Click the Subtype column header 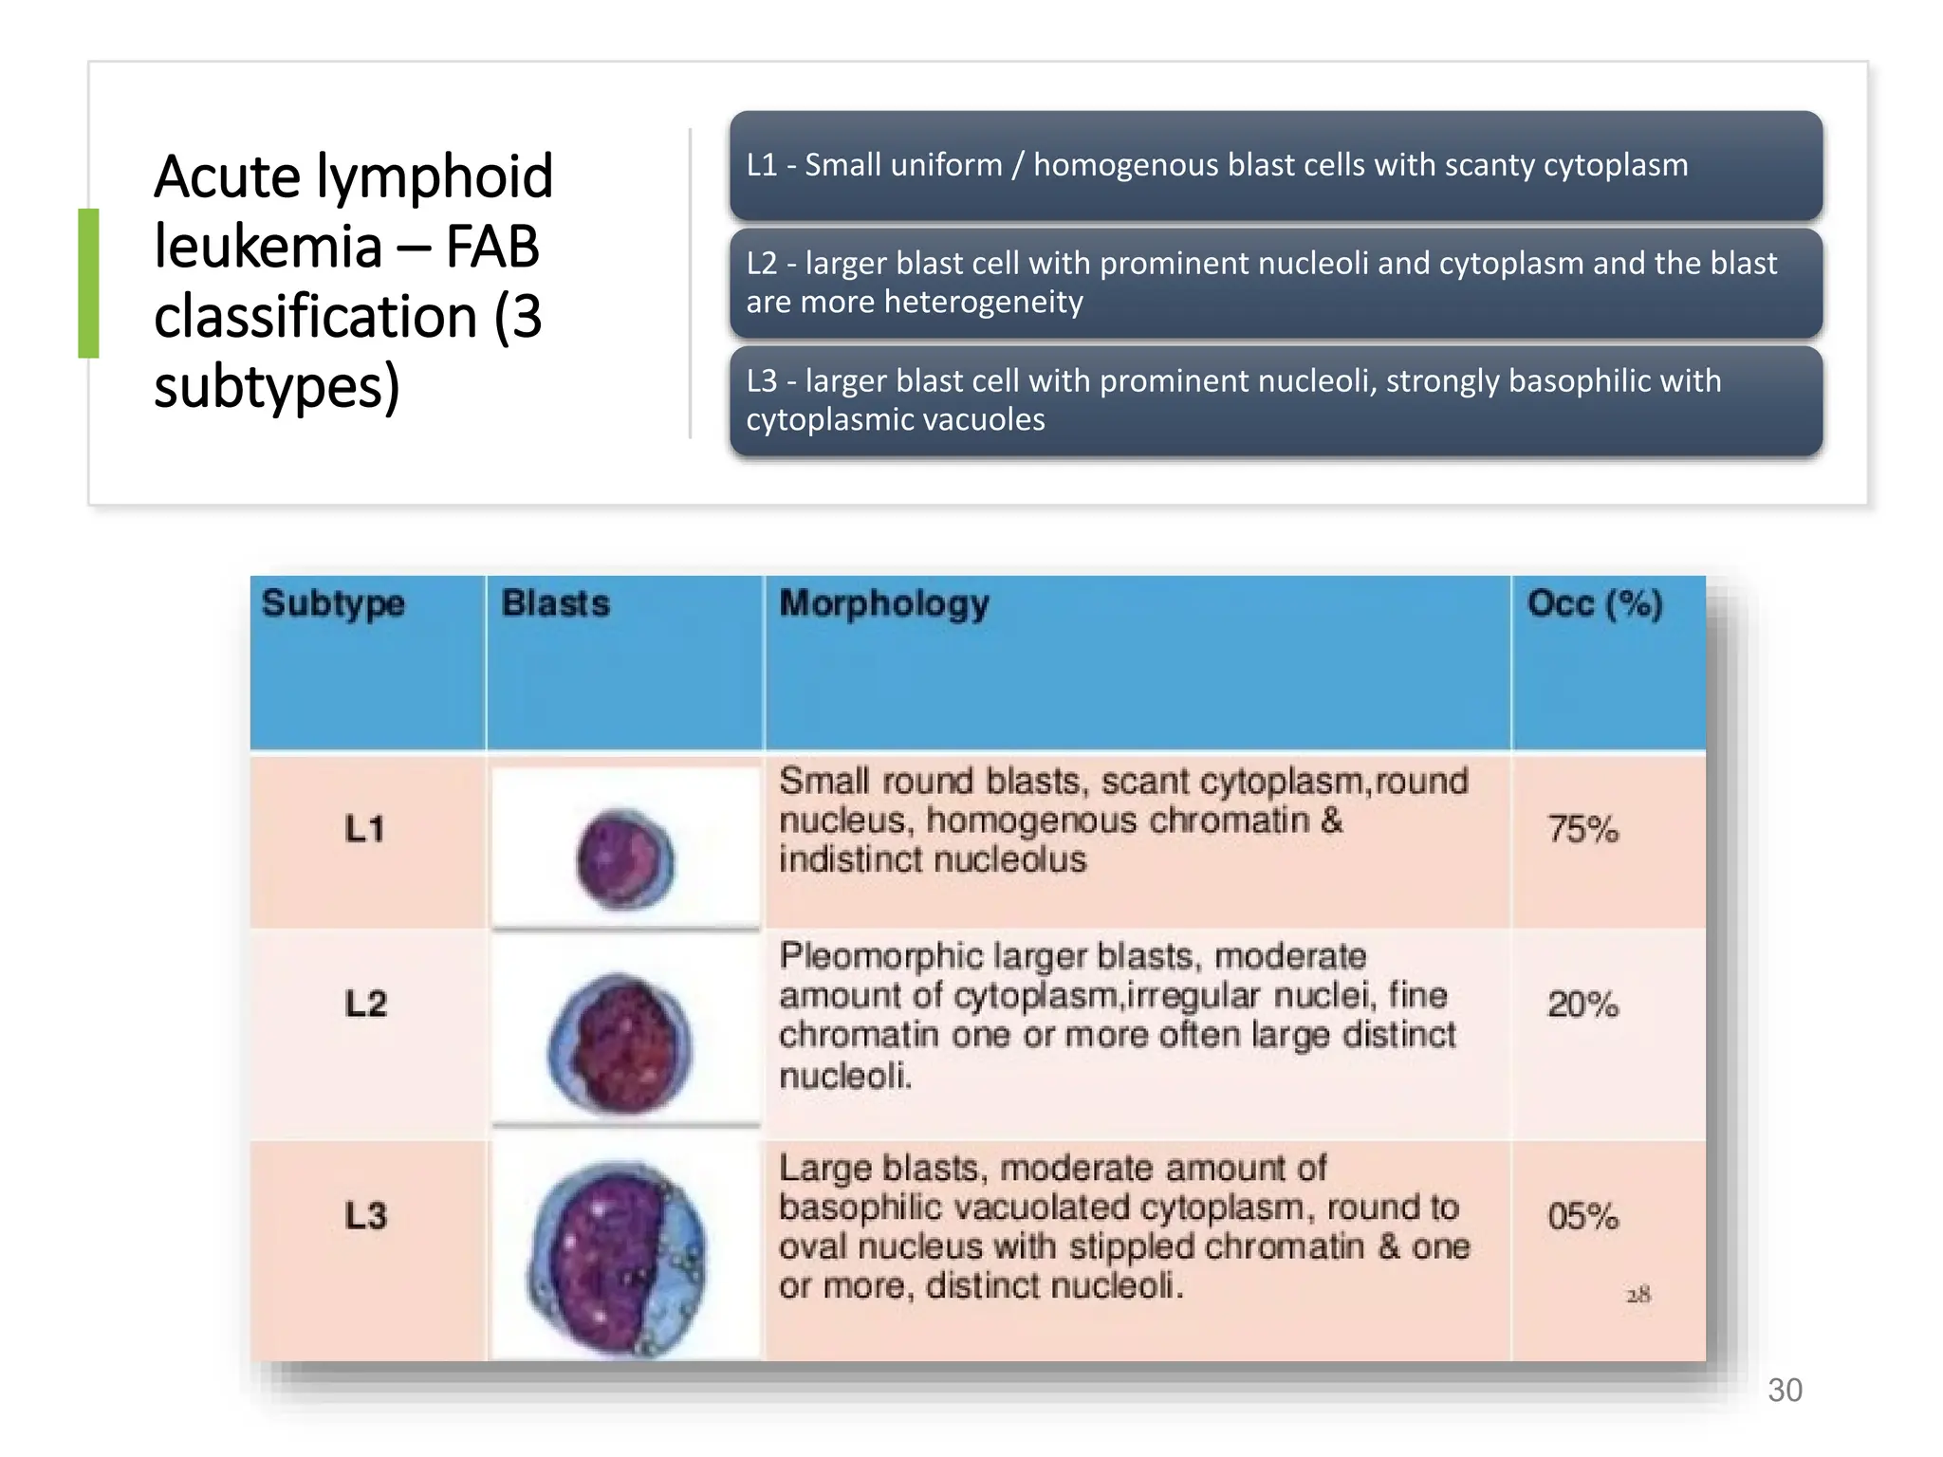tap(333, 604)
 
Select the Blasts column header tap(555, 604)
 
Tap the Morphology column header tap(884, 604)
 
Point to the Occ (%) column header tap(1595, 604)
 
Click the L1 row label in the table tap(364, 830)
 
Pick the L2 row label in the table tap(365, 1005)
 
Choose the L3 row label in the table tap(365, 1217)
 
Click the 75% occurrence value tap(1582, 830)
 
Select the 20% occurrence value tap(1582, 1005)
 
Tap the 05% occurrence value tap(1582, 1217)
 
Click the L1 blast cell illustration tap(625, 859)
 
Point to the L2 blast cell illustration tap(620, 1043)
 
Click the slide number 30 tap(1785, 1391)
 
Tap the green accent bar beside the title tap(88, 283)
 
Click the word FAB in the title tap(491, 247)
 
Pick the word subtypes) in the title tap(276, 387)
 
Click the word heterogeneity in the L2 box tap(983, 303)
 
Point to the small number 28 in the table tap(1638, 1295)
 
